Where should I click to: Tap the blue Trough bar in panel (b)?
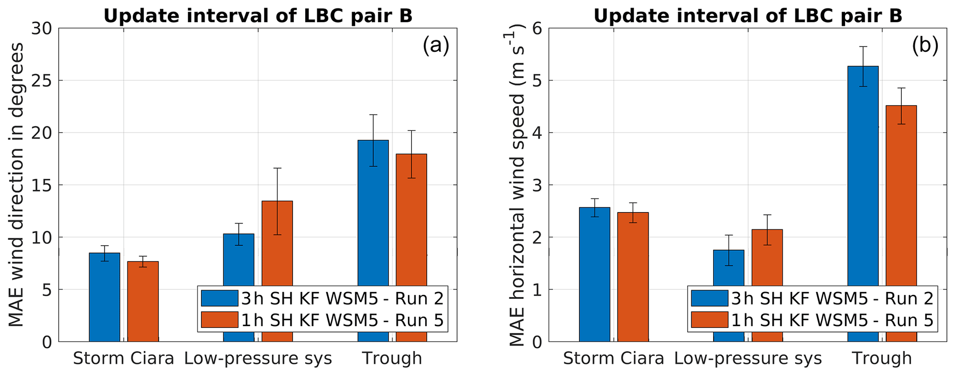click(x=863, y=203)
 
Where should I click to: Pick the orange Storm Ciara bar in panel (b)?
click(x=633, y=277)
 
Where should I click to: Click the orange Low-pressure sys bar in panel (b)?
click(x=767, y=259)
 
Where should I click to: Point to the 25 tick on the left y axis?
click(x=42, y=80)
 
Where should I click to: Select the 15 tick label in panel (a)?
click(x=42, y=185)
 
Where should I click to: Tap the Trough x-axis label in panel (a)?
click(x=392, y=358)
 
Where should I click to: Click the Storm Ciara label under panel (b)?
click(x=613, y=358)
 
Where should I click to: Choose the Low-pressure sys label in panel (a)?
click(x=258, y=358)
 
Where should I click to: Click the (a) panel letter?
click(x=436, y=46)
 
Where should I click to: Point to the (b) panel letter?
click(x=925, y=46)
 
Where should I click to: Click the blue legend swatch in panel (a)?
click(x=220, y=298)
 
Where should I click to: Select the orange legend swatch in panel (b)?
click(x=709, y=320)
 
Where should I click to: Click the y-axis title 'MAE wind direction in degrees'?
click(x=17, y=185)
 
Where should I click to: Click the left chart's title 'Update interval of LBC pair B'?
click(x=258, y=16)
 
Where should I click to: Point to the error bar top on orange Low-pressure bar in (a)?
click(x=277, y=168)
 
